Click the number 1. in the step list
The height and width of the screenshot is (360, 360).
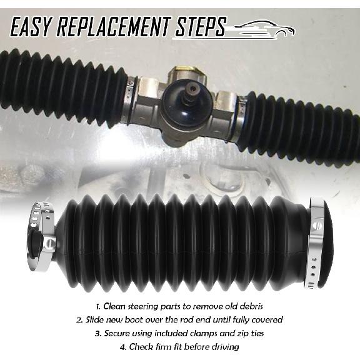coord(99,307)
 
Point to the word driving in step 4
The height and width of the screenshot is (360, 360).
coord(222,347)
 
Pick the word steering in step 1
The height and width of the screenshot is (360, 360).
coord(146,307)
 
